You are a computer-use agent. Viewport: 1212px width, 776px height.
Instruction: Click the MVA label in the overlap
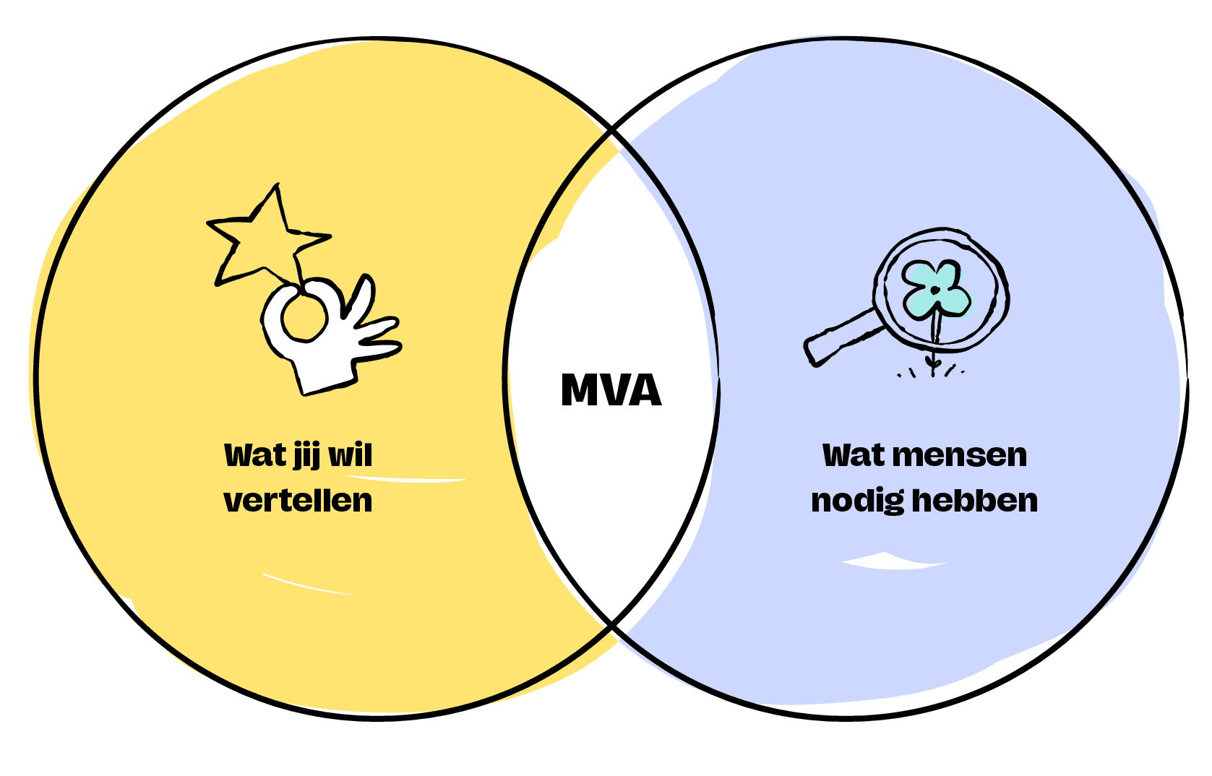click(611, 390)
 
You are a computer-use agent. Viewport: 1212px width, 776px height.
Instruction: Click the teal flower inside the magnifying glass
click(937, 289)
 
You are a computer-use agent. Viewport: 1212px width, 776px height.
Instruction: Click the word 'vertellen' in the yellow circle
click(298, 500)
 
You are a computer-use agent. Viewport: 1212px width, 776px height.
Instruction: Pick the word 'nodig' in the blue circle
click(857, 501)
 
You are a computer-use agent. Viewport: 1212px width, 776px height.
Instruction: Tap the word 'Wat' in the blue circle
click(853, 455)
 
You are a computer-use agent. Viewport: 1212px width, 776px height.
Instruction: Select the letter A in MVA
click(644, 390)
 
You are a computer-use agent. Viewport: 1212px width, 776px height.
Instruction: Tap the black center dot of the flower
click(934, 290)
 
